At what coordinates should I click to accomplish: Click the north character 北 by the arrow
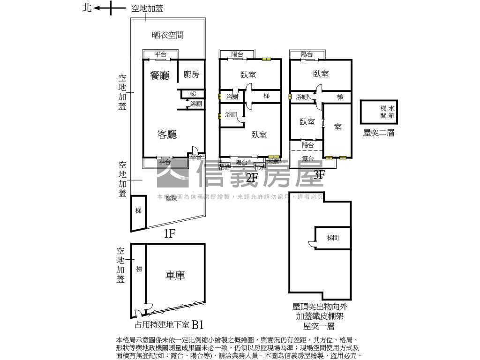click(87, 7)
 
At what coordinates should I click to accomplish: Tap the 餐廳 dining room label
click(160, 75)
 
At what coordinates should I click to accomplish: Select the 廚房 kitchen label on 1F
click(191, 74)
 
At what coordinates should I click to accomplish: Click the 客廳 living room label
click(167, 135)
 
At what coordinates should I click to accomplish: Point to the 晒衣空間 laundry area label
click(168, 35)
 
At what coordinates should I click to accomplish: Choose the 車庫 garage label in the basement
click(175, 275)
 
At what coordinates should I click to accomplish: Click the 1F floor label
click(169, 234)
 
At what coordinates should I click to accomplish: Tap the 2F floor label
click(252, 177)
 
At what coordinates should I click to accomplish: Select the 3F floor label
click(319, 175)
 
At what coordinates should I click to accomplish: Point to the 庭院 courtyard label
click(172, 198)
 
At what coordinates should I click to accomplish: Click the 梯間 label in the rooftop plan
click(333, 238)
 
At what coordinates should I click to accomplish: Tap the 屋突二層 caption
click(379, 133)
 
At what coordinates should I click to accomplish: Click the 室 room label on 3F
click(337, 127)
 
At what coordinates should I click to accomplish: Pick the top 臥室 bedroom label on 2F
click(248, 75)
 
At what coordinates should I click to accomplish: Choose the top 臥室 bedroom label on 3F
click(321, 74)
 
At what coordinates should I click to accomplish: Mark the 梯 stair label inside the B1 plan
click(139, 269)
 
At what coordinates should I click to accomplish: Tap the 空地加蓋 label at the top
click(147, 8)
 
